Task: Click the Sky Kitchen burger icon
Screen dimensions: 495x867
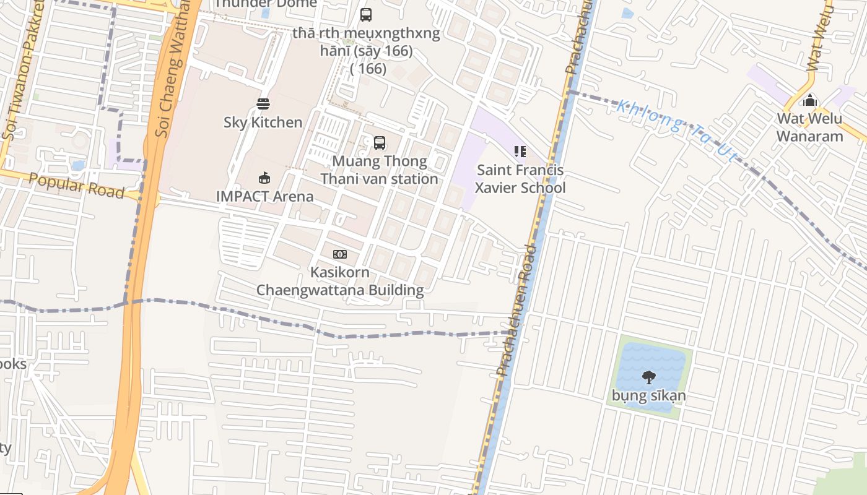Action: click(x=263, y=103)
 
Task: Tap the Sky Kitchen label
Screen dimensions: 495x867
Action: click(x=263, y=122)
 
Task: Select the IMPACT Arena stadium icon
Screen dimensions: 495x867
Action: click(x=264, y=178)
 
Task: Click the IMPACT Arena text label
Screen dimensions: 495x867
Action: click(x=264, y=196)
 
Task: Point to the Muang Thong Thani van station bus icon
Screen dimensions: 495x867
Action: click(x=380, y=143)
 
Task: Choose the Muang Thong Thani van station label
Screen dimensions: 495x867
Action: click(x=379, y=170)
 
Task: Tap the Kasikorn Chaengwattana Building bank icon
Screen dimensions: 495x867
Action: click(x=340, y=254)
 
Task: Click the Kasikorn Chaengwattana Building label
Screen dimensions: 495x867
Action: click(x=340, y=281)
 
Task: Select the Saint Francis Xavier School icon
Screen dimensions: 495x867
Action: click(x=520, y=152)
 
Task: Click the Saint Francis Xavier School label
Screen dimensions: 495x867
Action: click(x=520, y=179)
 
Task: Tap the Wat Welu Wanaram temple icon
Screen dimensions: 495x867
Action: click(x=809, y=100)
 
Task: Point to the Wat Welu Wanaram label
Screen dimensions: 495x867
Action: click(x=809, y=127)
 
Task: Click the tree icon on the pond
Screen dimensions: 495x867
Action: click(x=648, y=376)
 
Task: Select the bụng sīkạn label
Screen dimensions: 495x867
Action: click(x=648, y=395)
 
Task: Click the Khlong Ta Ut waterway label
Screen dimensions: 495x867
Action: click(x=678, y=131)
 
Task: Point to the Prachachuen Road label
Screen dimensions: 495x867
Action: click(x=516, y=309)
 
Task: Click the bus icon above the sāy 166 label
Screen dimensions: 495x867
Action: click(x=366, y=14)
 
